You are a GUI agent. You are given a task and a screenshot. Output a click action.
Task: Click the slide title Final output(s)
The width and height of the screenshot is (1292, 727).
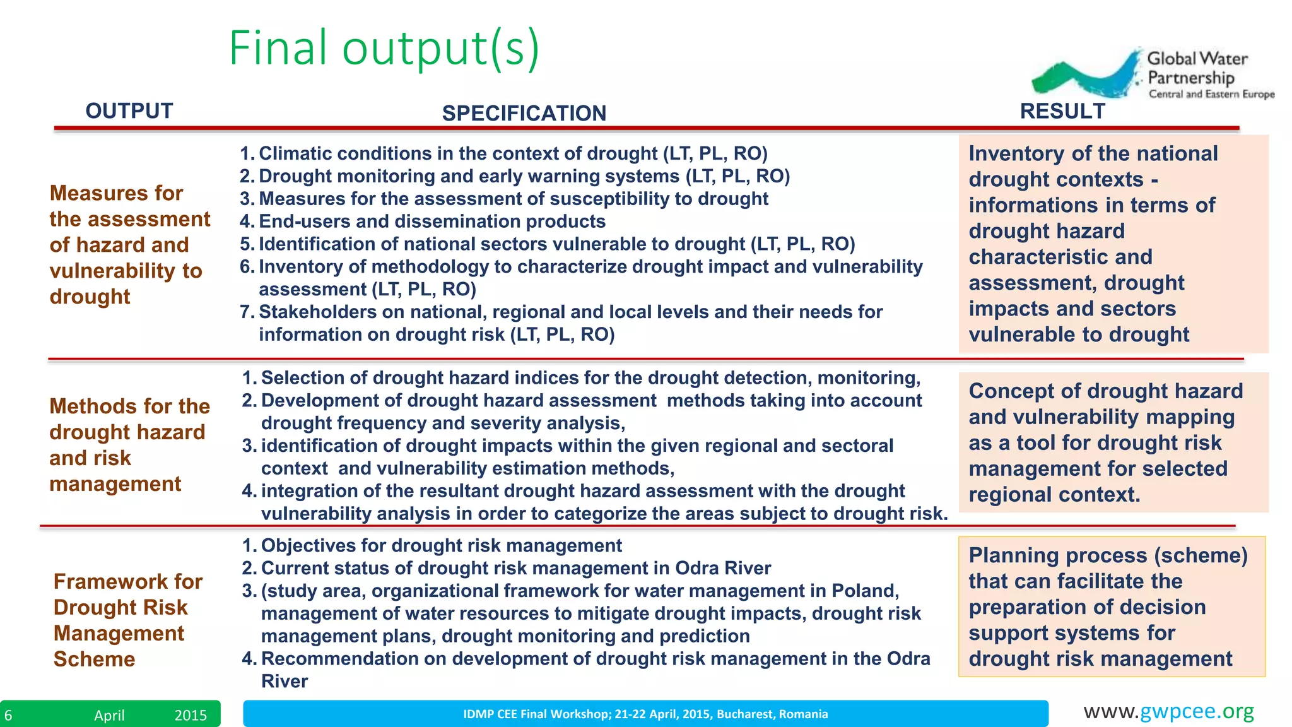click(384, 48)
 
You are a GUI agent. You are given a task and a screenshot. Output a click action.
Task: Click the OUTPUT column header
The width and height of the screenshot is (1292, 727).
click(129, 111)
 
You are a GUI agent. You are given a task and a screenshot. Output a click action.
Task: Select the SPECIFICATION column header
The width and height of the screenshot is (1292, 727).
click(524, 114)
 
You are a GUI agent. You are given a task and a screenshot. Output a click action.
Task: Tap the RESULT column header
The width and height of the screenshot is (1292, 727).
click(1062, 111)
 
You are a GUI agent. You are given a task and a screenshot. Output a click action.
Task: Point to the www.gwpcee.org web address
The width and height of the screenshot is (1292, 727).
click(1168, 711)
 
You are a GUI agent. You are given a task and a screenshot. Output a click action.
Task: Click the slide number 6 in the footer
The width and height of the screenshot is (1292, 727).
click(8, 715)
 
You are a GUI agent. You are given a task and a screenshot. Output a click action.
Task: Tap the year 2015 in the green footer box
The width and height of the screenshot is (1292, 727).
click(191, 715)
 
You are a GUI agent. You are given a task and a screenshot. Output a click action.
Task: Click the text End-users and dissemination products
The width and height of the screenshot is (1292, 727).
click(432, 222)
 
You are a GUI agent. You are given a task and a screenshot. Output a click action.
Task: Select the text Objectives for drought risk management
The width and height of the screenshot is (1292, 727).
click(441, 545)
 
